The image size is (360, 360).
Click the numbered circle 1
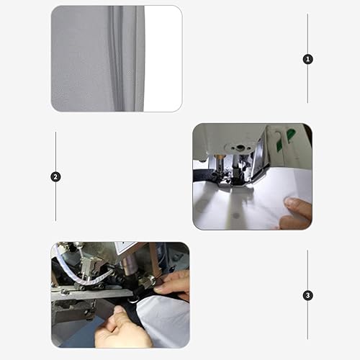point(308,59)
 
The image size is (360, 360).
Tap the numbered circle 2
point(55,176)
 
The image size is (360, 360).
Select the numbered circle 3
point(308,295)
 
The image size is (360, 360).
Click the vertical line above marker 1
point(308,32)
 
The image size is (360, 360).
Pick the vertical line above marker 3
point(308,269)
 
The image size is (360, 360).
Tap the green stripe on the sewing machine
point(290,135)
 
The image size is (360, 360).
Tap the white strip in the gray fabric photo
point(161,58)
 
